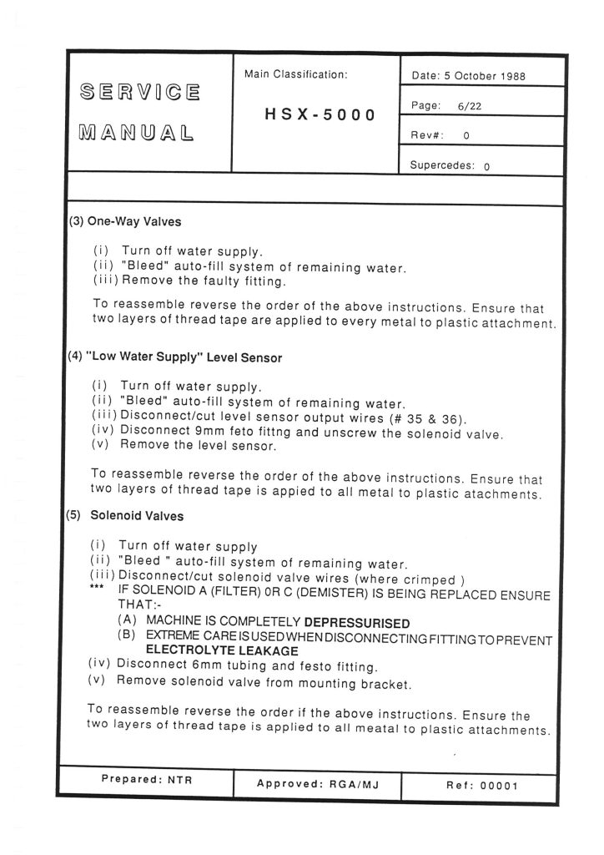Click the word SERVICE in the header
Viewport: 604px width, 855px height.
click(138, 91)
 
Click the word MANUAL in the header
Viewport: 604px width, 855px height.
click(133, 132)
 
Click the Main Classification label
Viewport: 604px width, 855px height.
click(295, 75)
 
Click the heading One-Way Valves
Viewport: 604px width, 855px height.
click(134, 223)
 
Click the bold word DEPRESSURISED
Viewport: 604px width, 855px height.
click(356, 623)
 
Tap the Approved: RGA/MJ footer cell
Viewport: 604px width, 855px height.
click(317, 785)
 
